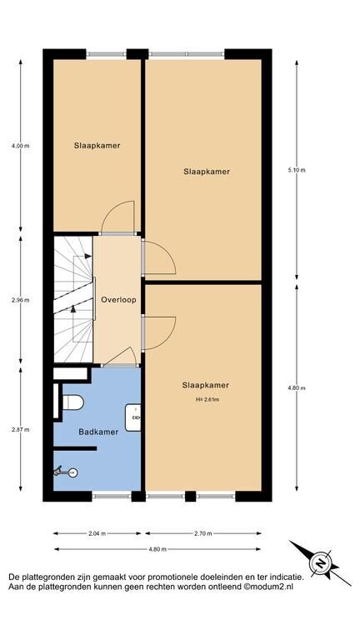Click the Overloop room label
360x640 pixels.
[118, 300]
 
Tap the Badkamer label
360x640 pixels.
[98, 432]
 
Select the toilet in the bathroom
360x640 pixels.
[73, 402]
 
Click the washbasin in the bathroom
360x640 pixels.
[133, 417]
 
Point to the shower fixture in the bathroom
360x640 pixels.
[65, 472]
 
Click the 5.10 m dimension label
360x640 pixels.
[297, 170]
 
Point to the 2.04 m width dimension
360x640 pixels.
[97, 533]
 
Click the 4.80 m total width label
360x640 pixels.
[157, 549]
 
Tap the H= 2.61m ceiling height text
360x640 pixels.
[207, 400]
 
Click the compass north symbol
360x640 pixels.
[321, 563]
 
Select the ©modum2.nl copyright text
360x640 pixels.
[268, 587]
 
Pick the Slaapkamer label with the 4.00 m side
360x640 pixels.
[97, 145]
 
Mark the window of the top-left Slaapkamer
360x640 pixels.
[106, 54]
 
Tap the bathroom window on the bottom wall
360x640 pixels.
[112, 497]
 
